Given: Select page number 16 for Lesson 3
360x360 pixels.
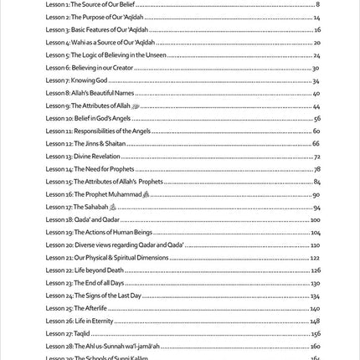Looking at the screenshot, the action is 316,29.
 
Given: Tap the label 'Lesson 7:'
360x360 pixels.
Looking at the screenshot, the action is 58,80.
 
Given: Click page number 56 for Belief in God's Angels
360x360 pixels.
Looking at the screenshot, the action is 316,119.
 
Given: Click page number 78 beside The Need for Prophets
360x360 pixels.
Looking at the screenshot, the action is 316,169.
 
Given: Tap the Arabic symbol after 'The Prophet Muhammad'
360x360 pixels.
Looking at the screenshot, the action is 146,194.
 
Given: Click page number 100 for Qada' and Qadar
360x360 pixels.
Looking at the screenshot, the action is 315,219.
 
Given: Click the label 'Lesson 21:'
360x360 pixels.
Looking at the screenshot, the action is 59,257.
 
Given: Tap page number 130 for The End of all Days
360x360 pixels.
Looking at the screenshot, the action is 315,283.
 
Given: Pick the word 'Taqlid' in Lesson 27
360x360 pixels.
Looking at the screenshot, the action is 81,333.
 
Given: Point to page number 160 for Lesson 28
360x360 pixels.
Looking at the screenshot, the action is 315,346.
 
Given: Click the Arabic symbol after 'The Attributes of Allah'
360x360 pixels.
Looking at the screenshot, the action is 135,106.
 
